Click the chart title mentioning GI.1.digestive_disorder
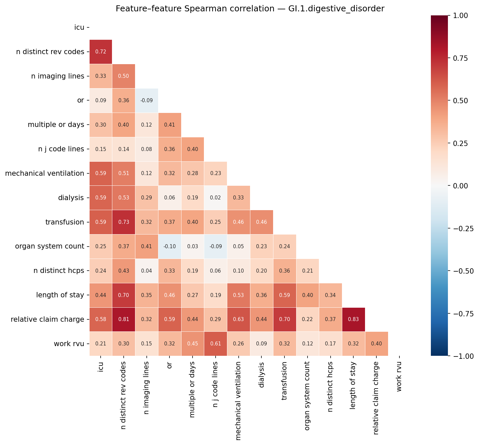250,9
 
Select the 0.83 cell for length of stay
354,319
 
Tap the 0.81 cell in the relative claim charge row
124,319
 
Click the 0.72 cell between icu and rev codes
101,52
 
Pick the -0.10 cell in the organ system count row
169,247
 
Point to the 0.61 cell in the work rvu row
216,344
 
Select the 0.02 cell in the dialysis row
216,198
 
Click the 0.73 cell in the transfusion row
124,222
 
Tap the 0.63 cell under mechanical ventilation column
238,319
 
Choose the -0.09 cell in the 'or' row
146,101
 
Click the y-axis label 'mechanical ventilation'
44,173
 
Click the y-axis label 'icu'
79,27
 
